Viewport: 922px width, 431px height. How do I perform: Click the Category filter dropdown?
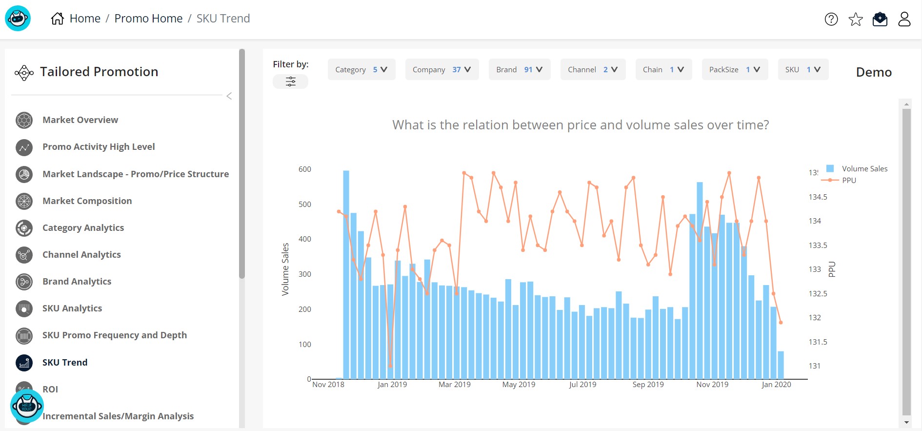[361, 70]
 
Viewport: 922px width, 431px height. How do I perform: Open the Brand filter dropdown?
[519, 70]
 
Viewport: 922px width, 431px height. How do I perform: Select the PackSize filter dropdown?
[734, 70]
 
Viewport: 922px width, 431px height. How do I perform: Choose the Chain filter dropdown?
[663, 70]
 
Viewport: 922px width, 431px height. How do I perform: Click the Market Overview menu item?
[80, 120]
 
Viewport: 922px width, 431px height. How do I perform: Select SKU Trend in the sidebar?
[64, 363]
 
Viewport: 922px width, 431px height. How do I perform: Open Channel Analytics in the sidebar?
[81, 255]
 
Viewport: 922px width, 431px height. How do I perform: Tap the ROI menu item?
[50, 390]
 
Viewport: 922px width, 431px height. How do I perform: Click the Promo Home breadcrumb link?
[148, 19]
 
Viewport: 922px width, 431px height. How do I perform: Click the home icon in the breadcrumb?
[58, 19]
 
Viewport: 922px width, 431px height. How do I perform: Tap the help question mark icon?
[831, 19]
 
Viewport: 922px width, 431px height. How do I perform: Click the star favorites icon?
[856, 20]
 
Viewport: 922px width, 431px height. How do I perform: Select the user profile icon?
[904, 19]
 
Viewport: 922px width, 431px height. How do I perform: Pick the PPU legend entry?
[849, 181]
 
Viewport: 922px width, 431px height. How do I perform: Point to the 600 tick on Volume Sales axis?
[305, 169]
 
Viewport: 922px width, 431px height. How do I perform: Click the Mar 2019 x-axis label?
[454, 385]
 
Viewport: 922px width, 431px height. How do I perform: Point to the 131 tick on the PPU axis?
[815, 366]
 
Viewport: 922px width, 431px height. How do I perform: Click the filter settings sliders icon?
[290, 82]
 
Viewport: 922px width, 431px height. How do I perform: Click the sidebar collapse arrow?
[229, 96]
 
